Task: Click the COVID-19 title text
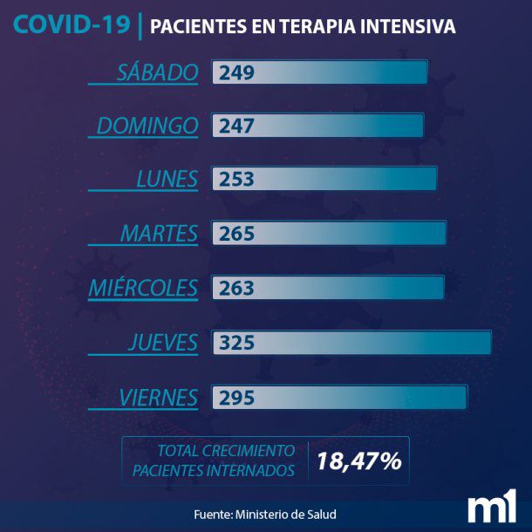point(72,24)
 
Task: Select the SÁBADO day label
point(158,72)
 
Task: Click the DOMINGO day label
point(147,126)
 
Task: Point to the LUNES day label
point(167,180)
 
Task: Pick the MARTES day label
point(159,234)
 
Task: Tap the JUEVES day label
point(162,343)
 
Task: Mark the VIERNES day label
point(158,398)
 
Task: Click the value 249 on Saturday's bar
point(236,72)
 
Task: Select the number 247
point(236,126)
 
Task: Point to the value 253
point(236,181)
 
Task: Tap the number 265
point(236,234)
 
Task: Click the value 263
point(236,288)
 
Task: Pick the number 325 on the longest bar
point(236,343)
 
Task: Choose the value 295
point(236,398)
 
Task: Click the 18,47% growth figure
point(358,461)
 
